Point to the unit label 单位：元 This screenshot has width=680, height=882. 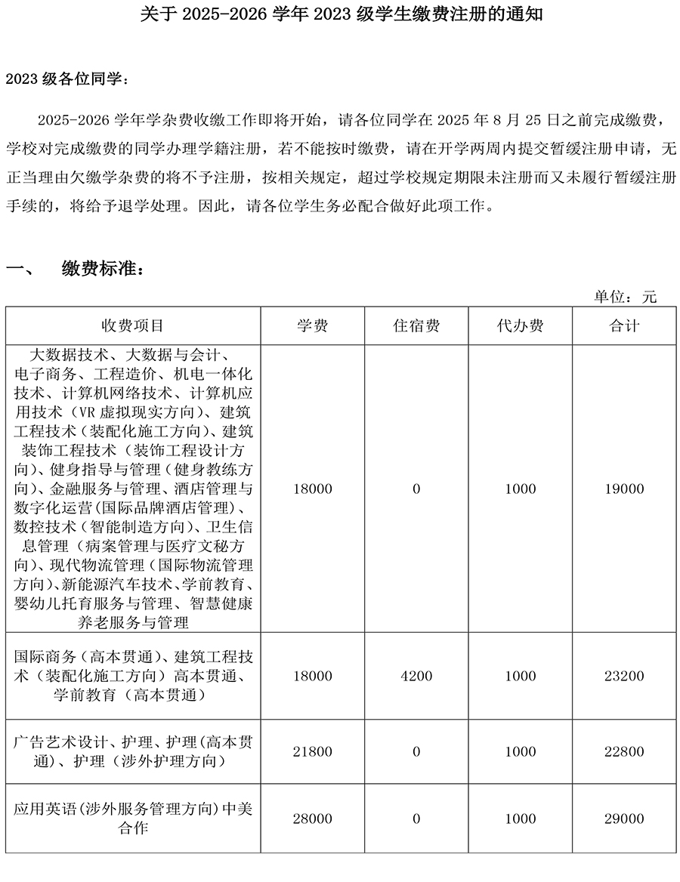click(x=625, y=297)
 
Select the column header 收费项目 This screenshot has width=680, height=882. click(x=133, y=325)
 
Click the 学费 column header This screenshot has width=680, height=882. click(x=312, y=325)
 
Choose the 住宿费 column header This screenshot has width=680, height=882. click(x=416, y=325)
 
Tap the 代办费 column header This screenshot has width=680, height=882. click(x=520, y=325)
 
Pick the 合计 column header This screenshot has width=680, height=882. click(x=624, y=325)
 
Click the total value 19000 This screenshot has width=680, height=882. click(x=624, y=489)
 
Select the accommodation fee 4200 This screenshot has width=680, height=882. click(x=416, y=676)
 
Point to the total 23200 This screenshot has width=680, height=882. click(x=624, y=676)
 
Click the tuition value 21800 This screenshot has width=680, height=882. click(x=312, y=751)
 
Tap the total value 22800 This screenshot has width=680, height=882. click(x=624, y=751)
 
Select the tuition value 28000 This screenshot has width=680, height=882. click(x=312, y=819)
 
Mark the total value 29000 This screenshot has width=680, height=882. click(x=624, y=819)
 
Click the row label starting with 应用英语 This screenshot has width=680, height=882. click(x=133, y=819)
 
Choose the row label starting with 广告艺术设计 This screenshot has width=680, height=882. click(x=133, y=751)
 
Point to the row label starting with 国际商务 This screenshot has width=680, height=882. click(x=133, y=676)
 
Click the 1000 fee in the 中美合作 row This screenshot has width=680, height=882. click(x=520, y=819)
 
